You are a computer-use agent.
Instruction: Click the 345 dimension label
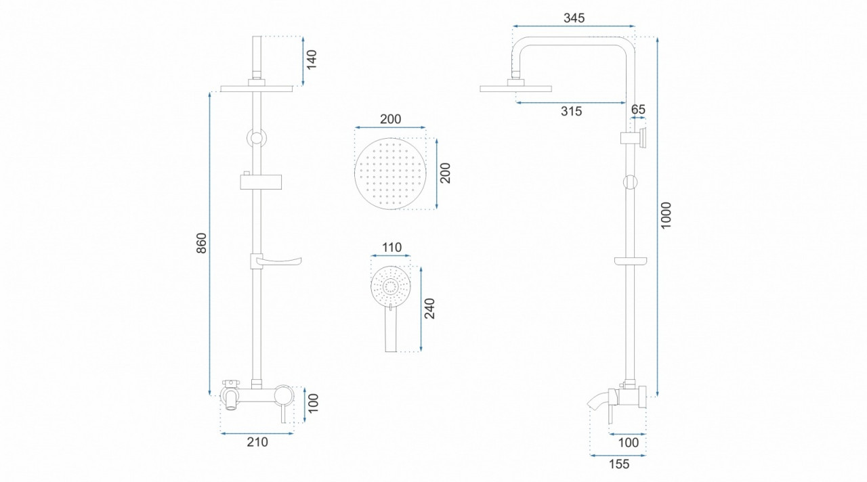click(574, 18)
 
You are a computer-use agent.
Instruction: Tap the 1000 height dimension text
click(666, 215)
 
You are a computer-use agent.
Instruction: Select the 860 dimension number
click(202, 243)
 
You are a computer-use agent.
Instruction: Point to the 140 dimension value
click(312, 59)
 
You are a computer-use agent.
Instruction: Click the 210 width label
click(257, 442)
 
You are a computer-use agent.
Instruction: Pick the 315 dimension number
click(571, 112)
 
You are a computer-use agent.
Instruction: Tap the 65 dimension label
click(638, 110)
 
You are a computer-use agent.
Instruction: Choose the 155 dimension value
click(619, 464)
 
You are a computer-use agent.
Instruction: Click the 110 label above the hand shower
click(392, 247)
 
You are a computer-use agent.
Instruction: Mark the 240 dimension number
click(429, 308)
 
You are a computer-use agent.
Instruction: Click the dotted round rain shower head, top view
click(390, 174)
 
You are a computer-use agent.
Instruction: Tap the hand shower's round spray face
click(391, 286)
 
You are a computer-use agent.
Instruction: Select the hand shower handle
click(391, 329)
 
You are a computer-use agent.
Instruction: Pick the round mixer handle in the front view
click(284, 395)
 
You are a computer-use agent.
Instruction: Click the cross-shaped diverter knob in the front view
click(231, 383)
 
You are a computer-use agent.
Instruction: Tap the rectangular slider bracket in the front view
click(261, 181)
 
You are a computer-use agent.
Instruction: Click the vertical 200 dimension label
click(446, 173)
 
